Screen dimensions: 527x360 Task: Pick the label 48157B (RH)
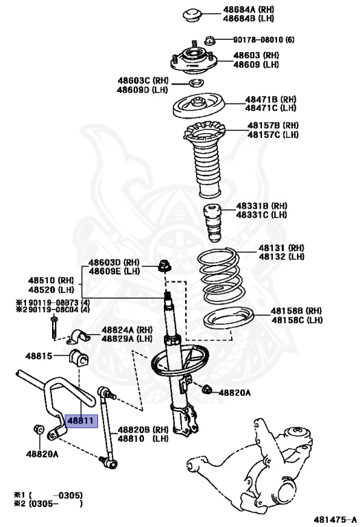tap(273, 126)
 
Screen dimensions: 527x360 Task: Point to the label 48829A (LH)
tap(128, 338)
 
